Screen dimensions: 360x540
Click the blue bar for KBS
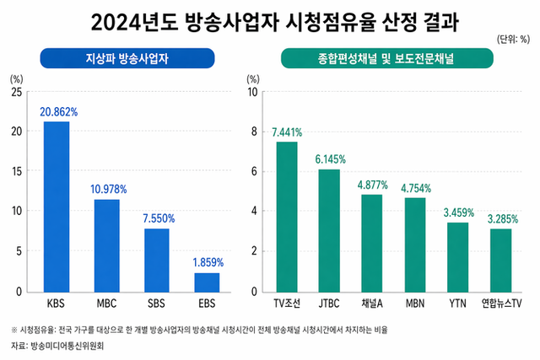(x=57, y=207)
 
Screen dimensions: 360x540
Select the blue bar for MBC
(x=106, y=245)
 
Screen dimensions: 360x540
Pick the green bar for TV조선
(x=287, y=216)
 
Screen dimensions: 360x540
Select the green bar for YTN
(x=457, y=257)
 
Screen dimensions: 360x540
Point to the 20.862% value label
(x=57, y=111)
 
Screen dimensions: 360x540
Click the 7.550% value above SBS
(x=157, y=218)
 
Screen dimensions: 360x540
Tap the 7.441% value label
(x=287, y=132)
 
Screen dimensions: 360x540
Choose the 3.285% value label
(x=500, y=218)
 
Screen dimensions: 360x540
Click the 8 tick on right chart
(x=251, y=132)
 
